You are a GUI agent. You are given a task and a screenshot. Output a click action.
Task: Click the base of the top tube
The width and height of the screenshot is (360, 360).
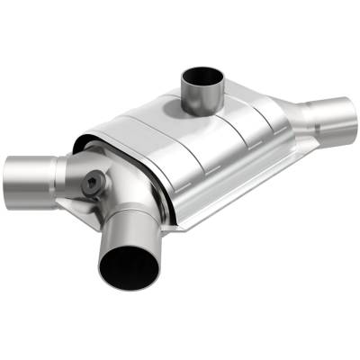click(200, 104)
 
